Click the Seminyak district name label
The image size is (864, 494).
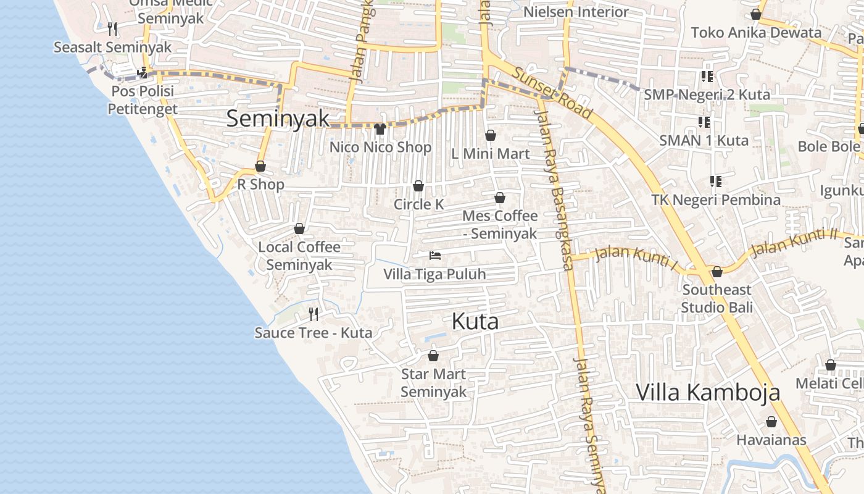pos(277,119)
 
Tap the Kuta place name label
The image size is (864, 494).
pos(475,321)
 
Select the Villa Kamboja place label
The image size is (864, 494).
pos(708,392)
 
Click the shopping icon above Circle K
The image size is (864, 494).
pos(418,186)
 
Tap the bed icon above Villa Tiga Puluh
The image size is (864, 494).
pos(435,255)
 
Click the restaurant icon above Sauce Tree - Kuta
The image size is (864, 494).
pos(314,314)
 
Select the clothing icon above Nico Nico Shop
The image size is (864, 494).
pos(380,128)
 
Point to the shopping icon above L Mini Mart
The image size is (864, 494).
pos(491,135)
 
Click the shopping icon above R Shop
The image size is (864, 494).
pos(260,166)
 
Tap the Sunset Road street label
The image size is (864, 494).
pos(552,93)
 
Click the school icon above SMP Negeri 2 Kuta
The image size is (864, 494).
pos(707,77)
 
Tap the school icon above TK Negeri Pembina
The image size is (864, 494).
pos(716,182)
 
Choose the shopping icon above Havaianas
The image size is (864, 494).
pos(771,422)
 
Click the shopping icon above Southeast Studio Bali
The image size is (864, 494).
pos(717,272)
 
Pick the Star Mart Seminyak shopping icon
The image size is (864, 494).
pos(433,356)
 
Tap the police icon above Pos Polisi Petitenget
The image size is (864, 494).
pos(143,73)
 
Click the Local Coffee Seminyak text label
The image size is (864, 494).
pos(299,256)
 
